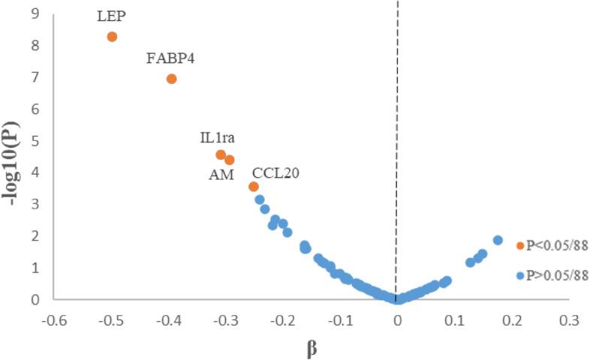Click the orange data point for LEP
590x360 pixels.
(x=112, y=36)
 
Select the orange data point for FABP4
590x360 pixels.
(x=171, y=79)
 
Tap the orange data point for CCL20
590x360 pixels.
(x=254, y=186)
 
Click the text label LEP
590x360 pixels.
(x=112, y=15)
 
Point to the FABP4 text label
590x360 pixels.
(x=170, y=58)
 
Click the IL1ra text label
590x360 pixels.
(x=218, y=138)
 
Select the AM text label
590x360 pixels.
(x=221, y=175)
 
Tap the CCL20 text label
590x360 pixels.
(x=276, y=172)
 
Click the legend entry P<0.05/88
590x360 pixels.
(x=552, y=245)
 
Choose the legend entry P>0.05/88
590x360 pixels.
(x=552, y=275)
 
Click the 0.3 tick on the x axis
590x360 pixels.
(x=569, y=319)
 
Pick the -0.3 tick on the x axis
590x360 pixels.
(x=225, y=319)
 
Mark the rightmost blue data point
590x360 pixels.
(x=498, y=240)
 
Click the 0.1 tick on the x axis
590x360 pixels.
(x=455, y=319)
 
